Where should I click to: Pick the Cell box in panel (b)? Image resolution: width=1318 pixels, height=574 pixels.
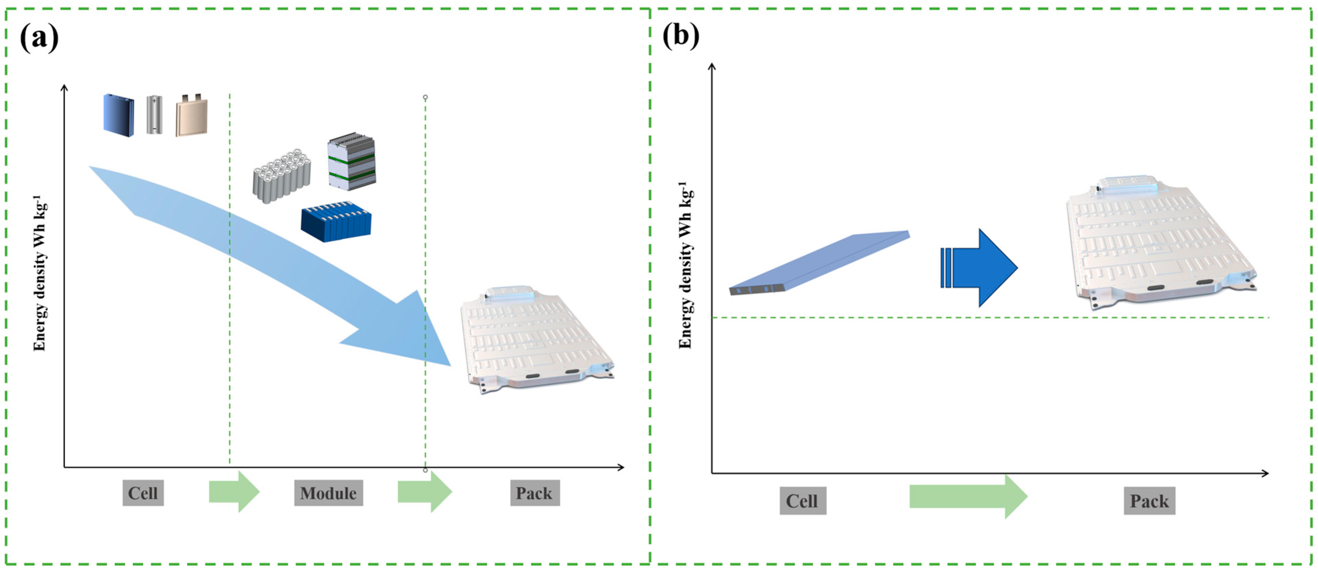click(x=802, y=500)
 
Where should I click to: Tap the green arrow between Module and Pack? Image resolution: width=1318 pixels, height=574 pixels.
click(x=424, y=492)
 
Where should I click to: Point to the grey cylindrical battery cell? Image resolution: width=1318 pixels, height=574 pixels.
click(x=154, y=115)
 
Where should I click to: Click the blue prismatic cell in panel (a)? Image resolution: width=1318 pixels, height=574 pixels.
click(x=119, y=115)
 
